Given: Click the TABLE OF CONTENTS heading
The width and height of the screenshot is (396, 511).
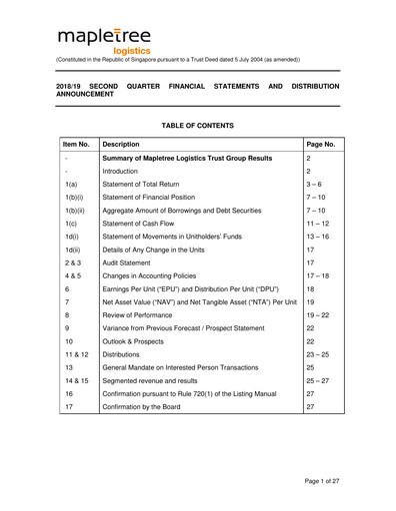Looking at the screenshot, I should (x=197, y=125).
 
